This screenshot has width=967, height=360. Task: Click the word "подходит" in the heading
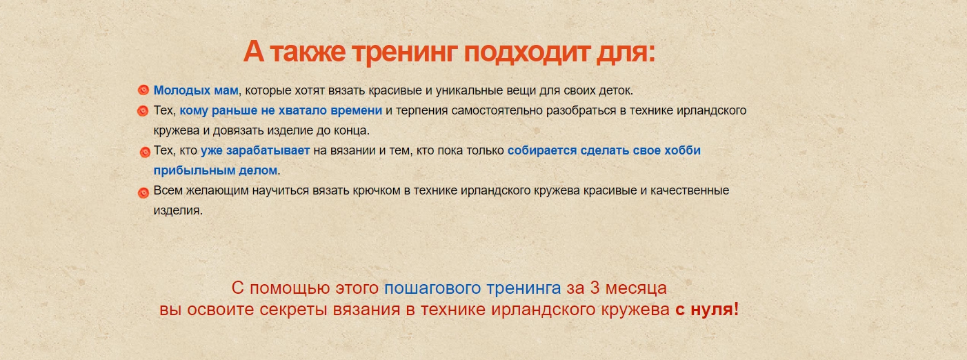pyautogui.click(x=527, y=52)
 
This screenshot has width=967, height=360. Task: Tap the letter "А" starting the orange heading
pyautogui.click(x=254, y=51)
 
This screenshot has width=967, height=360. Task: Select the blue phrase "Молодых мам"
pyautogui.click(x=196, y=90)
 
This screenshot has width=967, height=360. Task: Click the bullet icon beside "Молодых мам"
pyautogui.click(x=143, y=90)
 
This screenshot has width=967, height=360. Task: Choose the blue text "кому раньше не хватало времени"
pyautogui.click(x=281, y=110)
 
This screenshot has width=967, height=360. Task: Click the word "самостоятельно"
pyautogui.click(x=497, y=110)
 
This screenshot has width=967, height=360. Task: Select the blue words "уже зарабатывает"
pyautogui.click(x=255, y=150)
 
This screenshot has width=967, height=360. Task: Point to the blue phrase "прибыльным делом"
pyautogui.click(x=215, y=170)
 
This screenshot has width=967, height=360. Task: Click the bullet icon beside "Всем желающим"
pyautogui.click(x=143, y=192)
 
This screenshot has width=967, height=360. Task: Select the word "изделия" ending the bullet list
pyautogui.click(x=177, y=210)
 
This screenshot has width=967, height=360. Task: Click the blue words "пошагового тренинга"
pyautogui.click(x=472, y=288)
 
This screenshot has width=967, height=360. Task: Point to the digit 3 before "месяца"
pyautogui.click(x=595, y=288)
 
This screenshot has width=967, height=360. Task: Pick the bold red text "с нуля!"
pyautogui.click(x=707, y=309)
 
